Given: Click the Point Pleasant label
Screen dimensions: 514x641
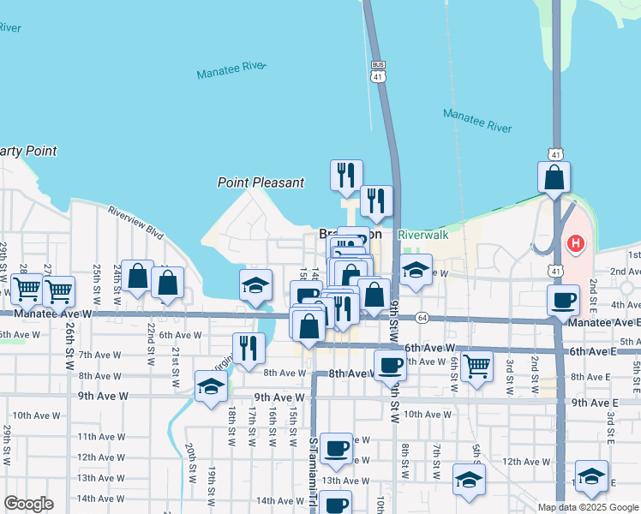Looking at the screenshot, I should [x=261, y=182].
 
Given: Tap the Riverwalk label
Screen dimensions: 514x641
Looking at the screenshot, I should [x=424, y=234].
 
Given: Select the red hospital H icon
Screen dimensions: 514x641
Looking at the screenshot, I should [x=576, y=243].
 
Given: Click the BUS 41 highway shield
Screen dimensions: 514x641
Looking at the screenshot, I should [x=378, y=71].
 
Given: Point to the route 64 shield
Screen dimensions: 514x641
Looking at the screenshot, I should [x=422, y=318].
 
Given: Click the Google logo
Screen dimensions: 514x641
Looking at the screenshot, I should [x=28, y=504].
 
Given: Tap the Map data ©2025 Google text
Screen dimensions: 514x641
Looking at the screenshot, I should [x=587, y=507].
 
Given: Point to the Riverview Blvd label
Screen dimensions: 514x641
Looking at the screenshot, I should [x=135, y=221].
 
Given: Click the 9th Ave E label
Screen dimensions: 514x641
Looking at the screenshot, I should [x=595, y=403].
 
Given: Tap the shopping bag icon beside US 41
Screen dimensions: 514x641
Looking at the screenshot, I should [x=554, y=177].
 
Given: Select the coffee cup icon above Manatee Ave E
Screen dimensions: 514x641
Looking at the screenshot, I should [x=563, y=300].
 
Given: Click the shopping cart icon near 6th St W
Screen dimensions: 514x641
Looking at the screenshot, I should [x=476, y=366].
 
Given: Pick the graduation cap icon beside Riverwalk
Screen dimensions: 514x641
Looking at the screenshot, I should [x=416, y=271].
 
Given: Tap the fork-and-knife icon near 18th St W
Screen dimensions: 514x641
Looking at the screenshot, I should [x=249, y=347].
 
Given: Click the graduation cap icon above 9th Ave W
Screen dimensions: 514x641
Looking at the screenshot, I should [x=211, y=386].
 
